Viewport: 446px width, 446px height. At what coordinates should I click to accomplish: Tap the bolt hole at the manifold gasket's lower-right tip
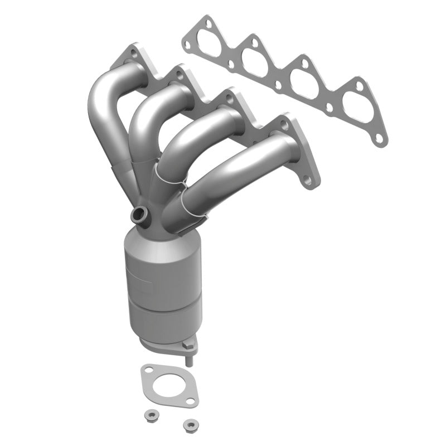380,138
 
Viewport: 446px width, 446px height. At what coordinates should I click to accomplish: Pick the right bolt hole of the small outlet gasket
193,401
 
